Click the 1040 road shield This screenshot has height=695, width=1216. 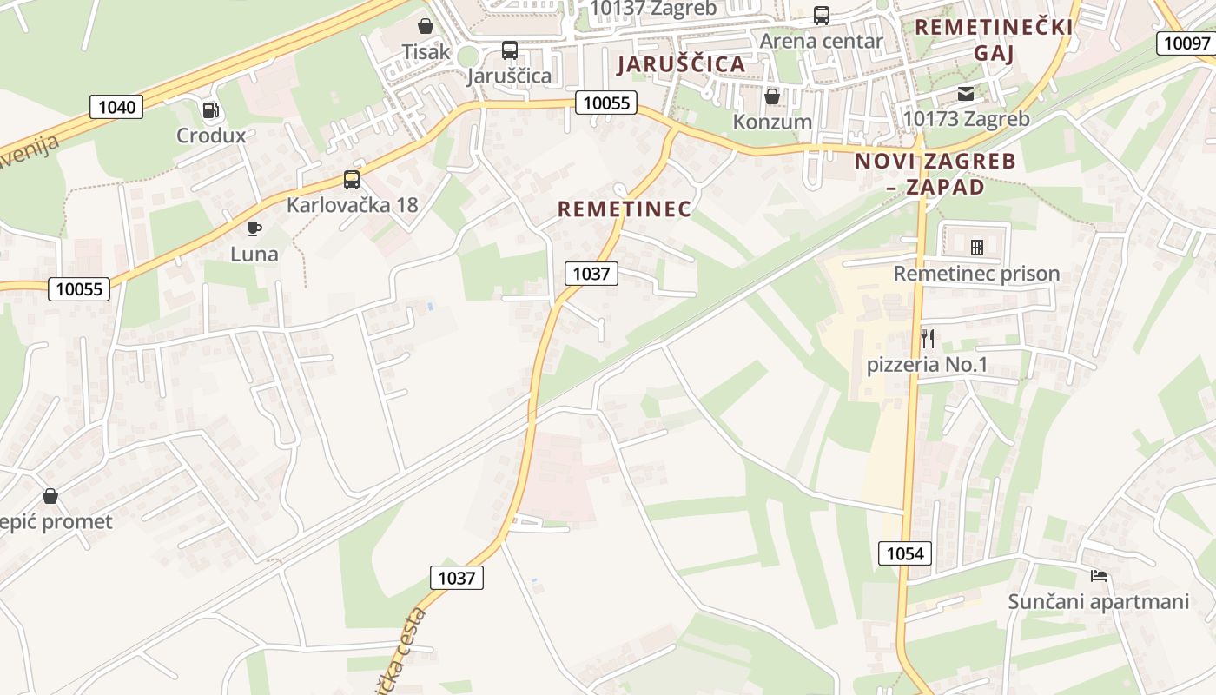click(x=116, y=107)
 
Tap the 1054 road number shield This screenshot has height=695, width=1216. click(x=904, y=553)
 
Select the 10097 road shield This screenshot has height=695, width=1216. click(x=1186, y=43)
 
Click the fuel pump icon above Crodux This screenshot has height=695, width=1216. click(x=210, y=110)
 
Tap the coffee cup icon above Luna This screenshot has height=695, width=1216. click(x=254, y=228)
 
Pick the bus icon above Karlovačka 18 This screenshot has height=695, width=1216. click(x=352, y=180)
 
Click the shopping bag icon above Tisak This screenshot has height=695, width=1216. click(x=426, y=26)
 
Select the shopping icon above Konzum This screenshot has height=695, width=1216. click(x=771, y=96)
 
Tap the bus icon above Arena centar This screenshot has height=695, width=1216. click(x=821, y=16)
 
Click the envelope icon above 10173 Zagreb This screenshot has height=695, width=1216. click(x=966, y=94)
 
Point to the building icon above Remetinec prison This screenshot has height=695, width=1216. click(x=977, y=248)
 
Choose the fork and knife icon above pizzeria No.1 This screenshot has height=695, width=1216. click(x=928, y=338)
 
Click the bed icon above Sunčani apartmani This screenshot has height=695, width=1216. click(x=1099, y=575)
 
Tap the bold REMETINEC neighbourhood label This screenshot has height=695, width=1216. click(x=625, y=209)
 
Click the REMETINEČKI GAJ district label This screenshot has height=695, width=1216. click(x=994, y=40)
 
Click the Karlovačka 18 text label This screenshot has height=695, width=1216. click(x=353, y=205)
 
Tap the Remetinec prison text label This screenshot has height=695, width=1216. click(x=976, y=274)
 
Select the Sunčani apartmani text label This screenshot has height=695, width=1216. click(x=1098, y=601)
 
